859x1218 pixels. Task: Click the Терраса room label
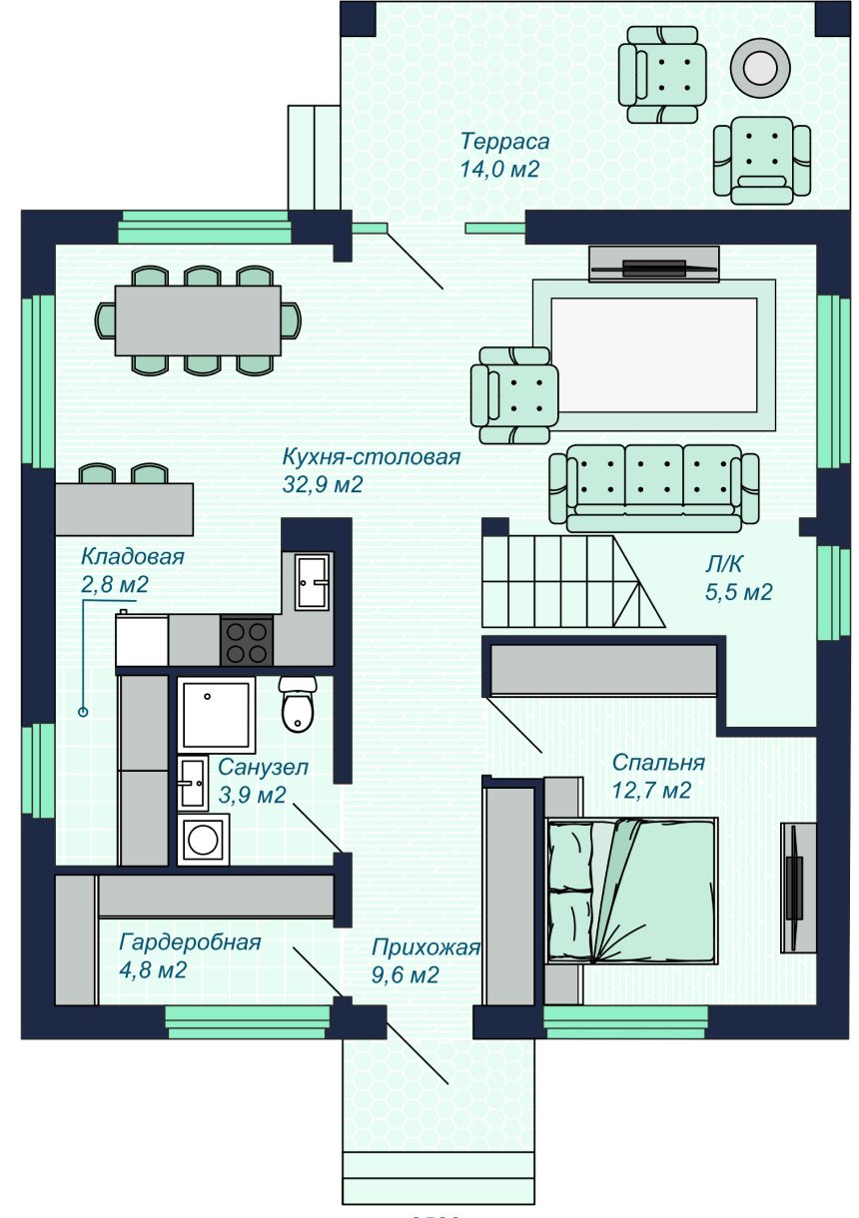(x=504, y=142)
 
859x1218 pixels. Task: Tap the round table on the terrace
(x=759, y=69)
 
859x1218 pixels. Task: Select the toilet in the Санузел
(x=298, y=704)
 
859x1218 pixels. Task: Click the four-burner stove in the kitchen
(x=247, y=641)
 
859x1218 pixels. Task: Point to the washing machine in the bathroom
(x=203, y=840)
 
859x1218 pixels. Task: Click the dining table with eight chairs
(x=198, y=320)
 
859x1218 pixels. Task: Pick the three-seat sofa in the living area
(x=653, y=488)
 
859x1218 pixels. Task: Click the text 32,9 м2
(x=323, y=484)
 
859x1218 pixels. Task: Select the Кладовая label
(x=133, y=557)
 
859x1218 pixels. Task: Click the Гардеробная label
(x=191, y=942)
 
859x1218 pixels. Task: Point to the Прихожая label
(x=426, y=947)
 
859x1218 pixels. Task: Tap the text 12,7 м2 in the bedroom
(x=651, y=790)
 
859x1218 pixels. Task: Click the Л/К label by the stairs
(x=723, y=564)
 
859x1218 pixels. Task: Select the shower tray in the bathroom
(x=216, y=715)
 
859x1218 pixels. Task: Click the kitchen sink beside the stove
(x=312, y=582)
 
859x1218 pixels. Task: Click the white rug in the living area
(x=654, y=355)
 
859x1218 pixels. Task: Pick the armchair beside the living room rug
(x=514, y=395)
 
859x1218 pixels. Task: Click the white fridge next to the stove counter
(x=142, y=640)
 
